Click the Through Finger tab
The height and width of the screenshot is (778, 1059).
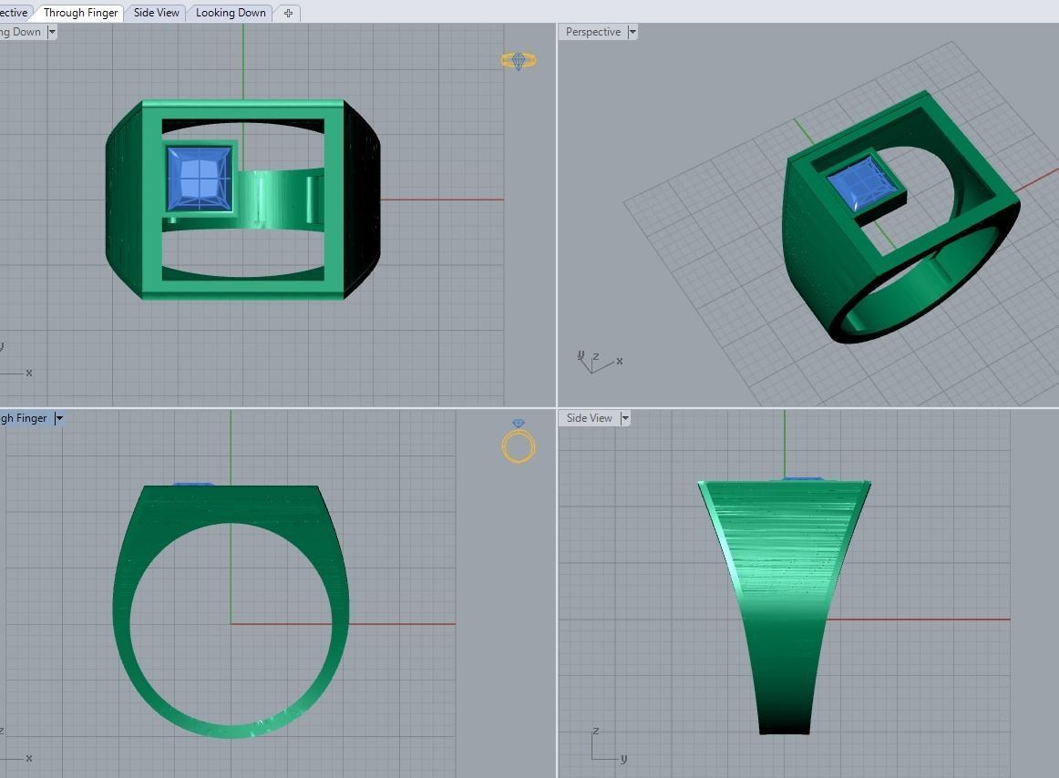80,13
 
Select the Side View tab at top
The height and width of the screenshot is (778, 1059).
156,13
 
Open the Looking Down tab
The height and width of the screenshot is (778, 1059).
231,13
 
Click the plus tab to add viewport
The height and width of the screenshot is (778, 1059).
288,13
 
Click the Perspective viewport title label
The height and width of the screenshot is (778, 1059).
592,32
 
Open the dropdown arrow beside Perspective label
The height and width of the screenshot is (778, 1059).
632,32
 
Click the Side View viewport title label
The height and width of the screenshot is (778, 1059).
589,418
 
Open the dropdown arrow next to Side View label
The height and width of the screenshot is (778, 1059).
625,418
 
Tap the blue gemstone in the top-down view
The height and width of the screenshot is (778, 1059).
200,178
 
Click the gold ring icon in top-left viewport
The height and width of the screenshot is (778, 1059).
518,61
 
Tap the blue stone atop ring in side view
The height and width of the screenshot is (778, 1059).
802,478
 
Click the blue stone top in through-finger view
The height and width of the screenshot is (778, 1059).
192,485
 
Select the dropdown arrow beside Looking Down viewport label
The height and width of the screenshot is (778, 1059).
52,32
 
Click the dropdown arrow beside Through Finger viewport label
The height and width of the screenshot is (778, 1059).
59,418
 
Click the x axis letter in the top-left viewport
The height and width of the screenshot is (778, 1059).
29,373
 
